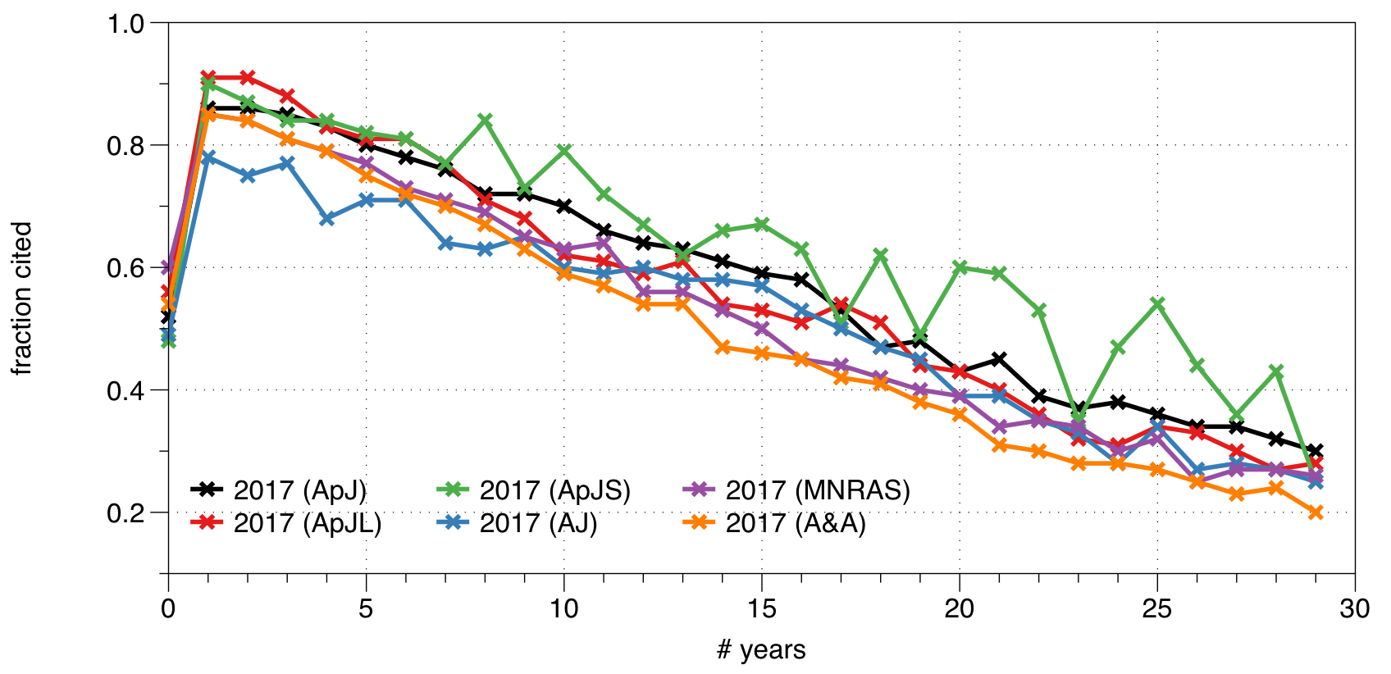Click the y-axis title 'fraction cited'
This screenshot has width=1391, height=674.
click(22, 298)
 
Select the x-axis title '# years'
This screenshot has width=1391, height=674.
click(761, 650)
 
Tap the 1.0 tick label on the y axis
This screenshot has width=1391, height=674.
click(126, 24)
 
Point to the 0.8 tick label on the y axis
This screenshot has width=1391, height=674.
click(126, 146)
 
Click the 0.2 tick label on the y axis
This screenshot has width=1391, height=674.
click(126, 512)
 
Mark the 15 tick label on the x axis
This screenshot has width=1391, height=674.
click(762, 609)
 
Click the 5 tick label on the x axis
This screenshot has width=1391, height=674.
click(367, 609)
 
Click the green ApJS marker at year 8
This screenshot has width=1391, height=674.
click(485, 121)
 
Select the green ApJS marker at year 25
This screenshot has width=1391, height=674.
click(1157, 304)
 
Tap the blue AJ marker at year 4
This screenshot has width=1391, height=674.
click(326, 219)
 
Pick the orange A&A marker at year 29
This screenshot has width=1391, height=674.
click(1316, 512)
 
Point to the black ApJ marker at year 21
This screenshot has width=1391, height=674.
click(999, 359)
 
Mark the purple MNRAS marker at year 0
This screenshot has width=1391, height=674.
click(168, 267)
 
